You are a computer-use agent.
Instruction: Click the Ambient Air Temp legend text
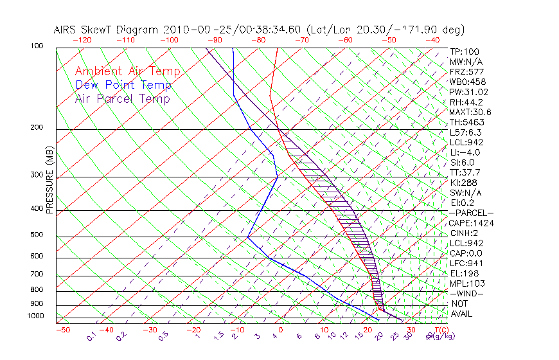coord(127,71)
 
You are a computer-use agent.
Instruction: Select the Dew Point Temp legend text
coord(123,85)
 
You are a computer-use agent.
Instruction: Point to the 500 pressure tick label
coord(37,235)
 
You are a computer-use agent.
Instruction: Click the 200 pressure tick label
coord(37,128)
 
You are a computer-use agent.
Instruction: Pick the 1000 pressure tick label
coord(35,316)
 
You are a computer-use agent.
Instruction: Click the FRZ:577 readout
coord(466,72)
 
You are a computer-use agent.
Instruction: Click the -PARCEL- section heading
coord(471,213)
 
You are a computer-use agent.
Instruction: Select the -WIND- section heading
coord(466,293)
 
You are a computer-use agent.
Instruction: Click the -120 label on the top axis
coord(82,40)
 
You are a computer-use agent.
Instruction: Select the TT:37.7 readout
coord(466,172)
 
